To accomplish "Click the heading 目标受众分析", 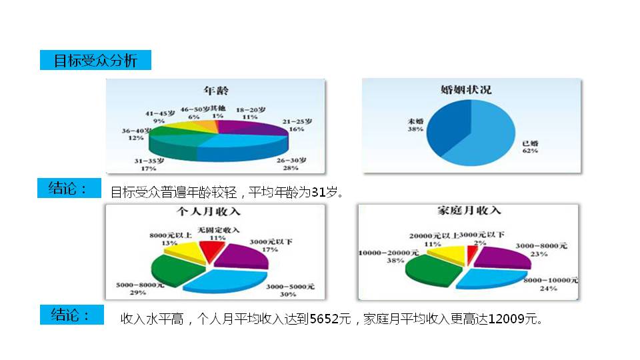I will coord(95,61).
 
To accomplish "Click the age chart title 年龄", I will coord(217,89).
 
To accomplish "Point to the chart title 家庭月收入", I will coord(469,211).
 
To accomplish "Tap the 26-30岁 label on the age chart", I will coord(291,164).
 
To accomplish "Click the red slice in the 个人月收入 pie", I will coord(213,251).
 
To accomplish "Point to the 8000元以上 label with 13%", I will coord(169,239).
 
